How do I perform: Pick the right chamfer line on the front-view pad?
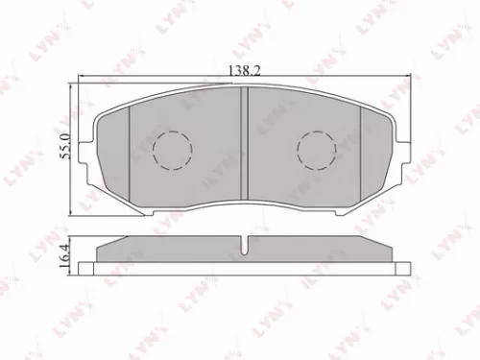(x=359, y=144)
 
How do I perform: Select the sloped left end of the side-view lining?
(x=109, y=247)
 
